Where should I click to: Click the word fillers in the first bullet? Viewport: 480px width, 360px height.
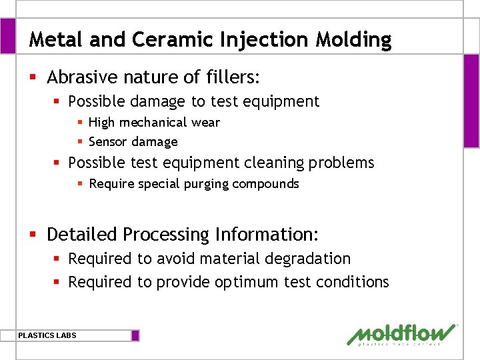(231, 77)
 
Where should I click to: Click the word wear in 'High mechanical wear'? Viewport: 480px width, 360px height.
(207, 123)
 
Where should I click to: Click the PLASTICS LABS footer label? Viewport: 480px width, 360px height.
(47, 335)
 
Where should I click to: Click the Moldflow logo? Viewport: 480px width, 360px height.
(402, 335)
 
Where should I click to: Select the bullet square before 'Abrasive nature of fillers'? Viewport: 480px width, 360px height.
(33, 78)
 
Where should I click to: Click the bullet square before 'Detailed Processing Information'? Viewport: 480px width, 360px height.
(33, 235)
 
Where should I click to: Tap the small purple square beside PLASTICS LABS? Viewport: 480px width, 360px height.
(135, 335)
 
